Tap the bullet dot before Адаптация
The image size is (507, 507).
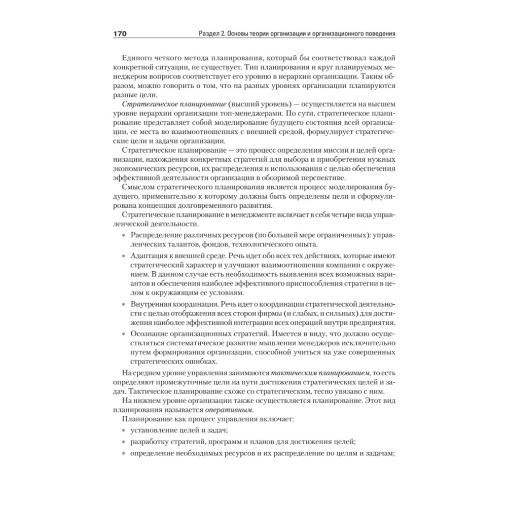pyautogui.click(x=125, y=255)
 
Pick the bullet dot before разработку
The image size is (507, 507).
pyautogui.click(x=125, y=442)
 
